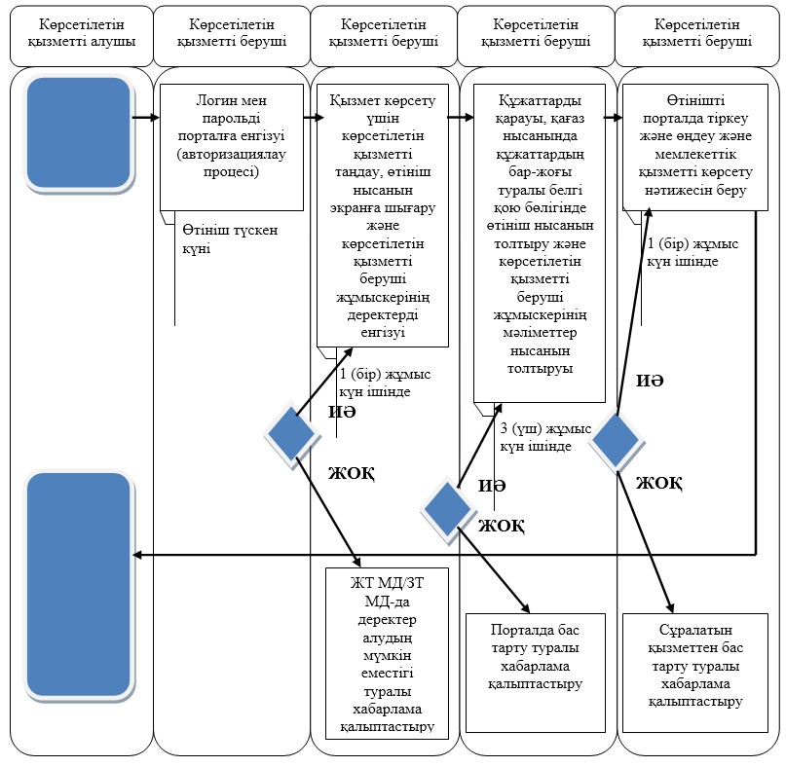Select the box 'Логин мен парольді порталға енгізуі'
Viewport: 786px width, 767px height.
click(232, 147)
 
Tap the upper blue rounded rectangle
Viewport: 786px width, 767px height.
click(79, 132)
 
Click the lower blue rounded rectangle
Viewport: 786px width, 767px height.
click(79, 585)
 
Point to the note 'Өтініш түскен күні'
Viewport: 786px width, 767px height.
click(230, 239)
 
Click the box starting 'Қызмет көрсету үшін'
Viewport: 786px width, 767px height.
click(383, 215)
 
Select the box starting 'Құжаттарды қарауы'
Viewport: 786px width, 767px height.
click(540, 243)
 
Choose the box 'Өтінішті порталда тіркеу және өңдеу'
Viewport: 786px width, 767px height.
click(695, 147)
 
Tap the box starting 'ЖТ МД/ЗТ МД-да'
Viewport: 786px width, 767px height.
click(387, 653)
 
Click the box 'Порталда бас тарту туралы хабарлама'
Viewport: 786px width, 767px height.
click(536, 673)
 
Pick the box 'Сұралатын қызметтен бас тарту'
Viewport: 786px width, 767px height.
click(695, 673)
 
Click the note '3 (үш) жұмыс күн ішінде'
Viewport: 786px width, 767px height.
click(545, 437)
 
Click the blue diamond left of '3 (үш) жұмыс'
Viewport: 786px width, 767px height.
click(447, 509)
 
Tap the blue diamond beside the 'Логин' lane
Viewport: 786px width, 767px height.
click(291, 434)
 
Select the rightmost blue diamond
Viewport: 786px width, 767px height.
click(616, 440)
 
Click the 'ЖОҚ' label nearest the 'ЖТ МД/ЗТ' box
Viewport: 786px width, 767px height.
click(352, 473)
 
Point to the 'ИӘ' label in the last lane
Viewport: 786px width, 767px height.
click(650, 381)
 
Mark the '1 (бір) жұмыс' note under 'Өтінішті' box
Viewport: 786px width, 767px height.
click(692, 252)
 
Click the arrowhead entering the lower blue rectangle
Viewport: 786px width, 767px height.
click(136, 555)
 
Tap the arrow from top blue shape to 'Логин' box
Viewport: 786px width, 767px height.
click(146, 118)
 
